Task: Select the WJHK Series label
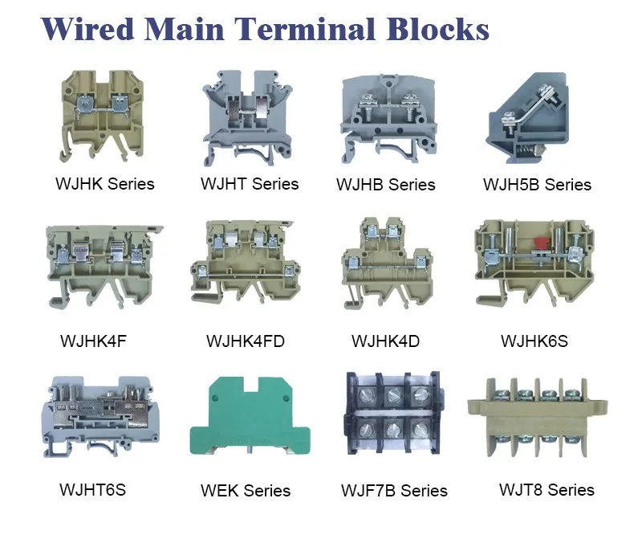click(104, 183)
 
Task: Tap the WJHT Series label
click(249, 183)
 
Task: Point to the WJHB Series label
click(386, 185)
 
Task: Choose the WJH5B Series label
click(537, 185)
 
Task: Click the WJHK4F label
click(93, 341)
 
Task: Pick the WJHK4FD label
click(245, 341)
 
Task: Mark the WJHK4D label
click(385, 341)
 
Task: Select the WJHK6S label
click(534, 341)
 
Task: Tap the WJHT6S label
click(92, 489)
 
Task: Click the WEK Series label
click(246, 490)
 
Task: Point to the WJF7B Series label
click(394, 490)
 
